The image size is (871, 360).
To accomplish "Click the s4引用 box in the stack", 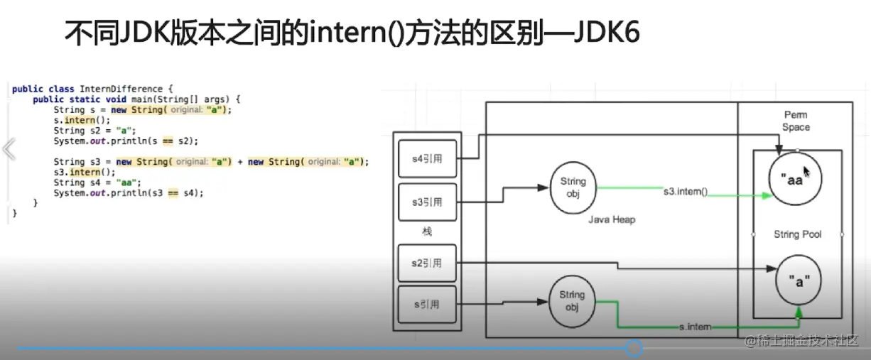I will point(426,158).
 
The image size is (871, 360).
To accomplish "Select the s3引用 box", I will point(426,203).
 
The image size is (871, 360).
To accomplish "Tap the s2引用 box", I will point(426,263).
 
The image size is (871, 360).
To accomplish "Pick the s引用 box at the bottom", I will point(426,305).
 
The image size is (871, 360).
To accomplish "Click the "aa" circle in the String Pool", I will point(796,180).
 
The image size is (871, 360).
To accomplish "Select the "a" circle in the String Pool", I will point(798,281).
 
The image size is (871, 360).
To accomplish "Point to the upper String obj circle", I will point(573,188).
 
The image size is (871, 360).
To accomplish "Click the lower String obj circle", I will point(572,300).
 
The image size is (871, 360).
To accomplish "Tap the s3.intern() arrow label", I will point(686,192).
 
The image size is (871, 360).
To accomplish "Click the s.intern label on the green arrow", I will point(695,327).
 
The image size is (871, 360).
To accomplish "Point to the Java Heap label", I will point(612,220).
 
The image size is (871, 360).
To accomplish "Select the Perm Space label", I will point(796,121).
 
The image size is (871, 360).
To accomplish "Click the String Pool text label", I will point(797,234).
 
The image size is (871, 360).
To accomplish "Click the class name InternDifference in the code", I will point(121,89).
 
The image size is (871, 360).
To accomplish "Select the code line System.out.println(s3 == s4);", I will point(128,192).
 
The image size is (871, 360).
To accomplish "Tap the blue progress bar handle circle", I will point(634,348).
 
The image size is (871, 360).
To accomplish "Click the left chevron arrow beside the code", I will point(9,150).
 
